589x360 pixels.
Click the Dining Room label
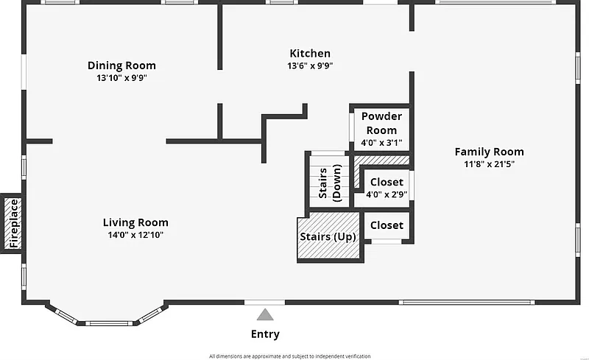click(x=121, y=66)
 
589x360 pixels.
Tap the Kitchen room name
click(x=309, y=53)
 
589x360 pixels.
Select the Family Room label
click(x=489, y=152)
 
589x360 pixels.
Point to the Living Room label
click(x=135, y=222)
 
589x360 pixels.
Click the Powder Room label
click(x=381, y=123)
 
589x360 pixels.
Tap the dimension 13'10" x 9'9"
click(x=121, y=77)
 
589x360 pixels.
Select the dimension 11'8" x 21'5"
click(x=489, y=163)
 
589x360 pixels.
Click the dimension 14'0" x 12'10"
click(x=135, y=235)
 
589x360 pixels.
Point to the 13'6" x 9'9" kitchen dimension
click(x=309, y=66)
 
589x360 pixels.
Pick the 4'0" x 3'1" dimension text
click(x=381, y=143)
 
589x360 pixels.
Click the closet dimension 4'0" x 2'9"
click(x=386, y=194)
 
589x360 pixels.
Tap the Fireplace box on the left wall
click(x=12, y=223)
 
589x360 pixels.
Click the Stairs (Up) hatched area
click(x=328, y=237)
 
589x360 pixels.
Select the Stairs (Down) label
click(x=329, y=181)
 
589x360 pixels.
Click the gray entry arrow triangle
click(x=265, y=315)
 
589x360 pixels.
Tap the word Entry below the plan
click(x=265, y=334)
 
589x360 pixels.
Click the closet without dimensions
click(x=386, y=225)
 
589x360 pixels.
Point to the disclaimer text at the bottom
click(x=294, y=356)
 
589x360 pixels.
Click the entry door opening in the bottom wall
click(x=264, y=303)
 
